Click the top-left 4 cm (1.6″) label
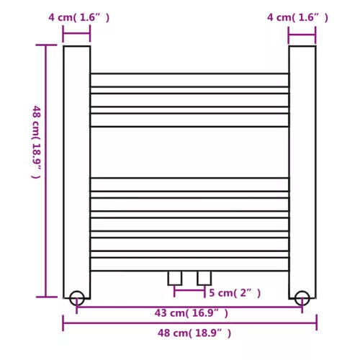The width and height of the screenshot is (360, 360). [x=79, y=17]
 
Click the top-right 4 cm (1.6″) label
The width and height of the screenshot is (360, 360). [x=297, y=17]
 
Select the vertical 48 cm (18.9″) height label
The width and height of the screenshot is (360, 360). [x=36, y=142]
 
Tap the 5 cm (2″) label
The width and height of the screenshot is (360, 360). [x=235, y=293]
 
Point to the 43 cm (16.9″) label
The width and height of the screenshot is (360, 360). [x=191, y=312]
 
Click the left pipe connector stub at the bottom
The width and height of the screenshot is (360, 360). [x=175, y=278]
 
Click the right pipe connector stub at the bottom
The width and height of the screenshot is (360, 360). [x=204, y=278]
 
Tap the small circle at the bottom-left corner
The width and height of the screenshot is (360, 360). [x=77, y=297]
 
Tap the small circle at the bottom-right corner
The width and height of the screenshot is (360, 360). [x=302, y=297]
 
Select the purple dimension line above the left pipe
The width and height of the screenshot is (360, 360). [x=76, y=34]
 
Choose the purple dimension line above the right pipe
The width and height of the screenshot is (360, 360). [x=302, y=34]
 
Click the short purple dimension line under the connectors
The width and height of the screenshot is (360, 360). [x=189, y=291]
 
